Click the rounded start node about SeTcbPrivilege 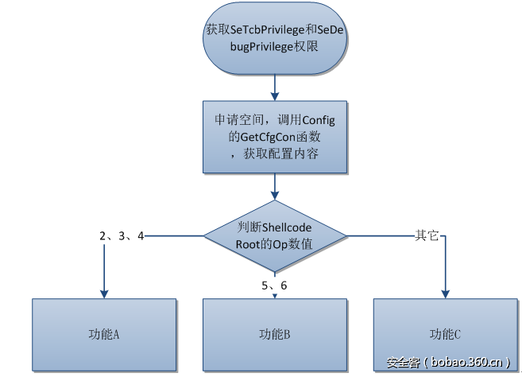pos(274,38)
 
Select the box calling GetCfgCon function pos(274,136)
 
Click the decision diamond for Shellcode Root pos(274,235)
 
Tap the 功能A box pos(103,334)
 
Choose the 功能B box pos(274,334)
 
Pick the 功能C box pos(445,334)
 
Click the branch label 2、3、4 pos(122,235)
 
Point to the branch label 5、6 pos(274,286)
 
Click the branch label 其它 pos(427,235)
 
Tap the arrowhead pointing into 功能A pos(103,293)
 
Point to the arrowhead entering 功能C pos(445,293)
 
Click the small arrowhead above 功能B pos(274,296)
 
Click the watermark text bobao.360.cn pos(466,363)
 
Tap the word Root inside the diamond pos(249,244)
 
